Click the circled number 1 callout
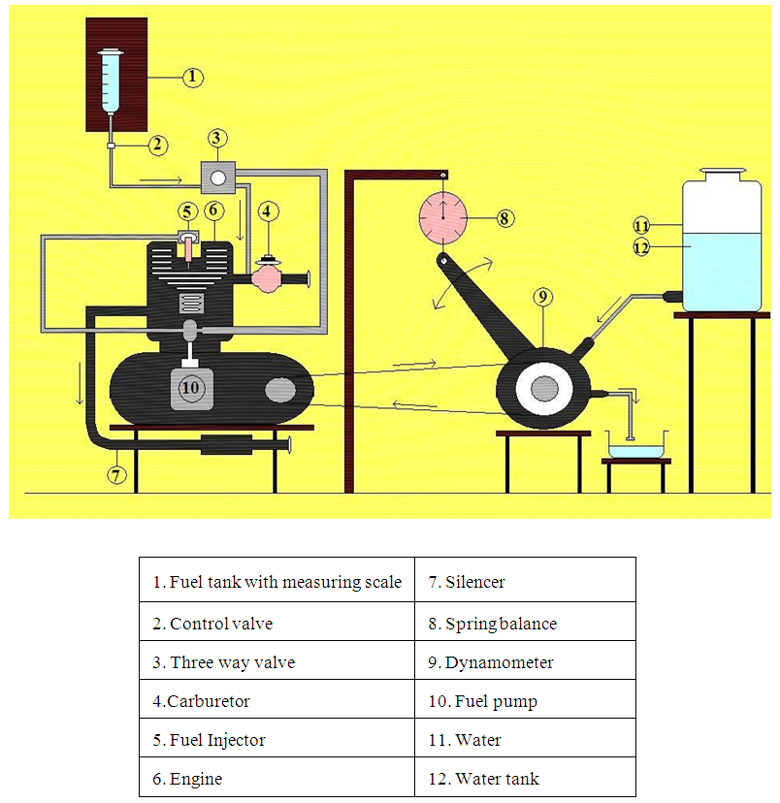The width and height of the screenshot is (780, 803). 192,77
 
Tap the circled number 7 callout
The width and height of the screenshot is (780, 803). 116,474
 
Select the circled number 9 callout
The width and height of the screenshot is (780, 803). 542,296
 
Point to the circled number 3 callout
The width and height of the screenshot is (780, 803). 217,138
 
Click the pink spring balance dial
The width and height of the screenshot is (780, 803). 441,218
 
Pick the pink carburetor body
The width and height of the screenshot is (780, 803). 268,277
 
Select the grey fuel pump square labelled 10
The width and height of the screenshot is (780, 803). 191,388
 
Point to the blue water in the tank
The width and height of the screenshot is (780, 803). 722,272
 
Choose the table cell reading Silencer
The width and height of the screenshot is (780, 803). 525,582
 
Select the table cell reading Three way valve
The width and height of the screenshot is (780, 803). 276,663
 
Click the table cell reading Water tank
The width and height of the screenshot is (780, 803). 525,779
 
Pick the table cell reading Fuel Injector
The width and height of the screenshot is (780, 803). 276,740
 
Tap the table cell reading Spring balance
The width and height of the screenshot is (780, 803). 525,624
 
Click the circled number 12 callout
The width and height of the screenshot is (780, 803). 640,248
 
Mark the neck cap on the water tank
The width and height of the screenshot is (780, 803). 722,175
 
